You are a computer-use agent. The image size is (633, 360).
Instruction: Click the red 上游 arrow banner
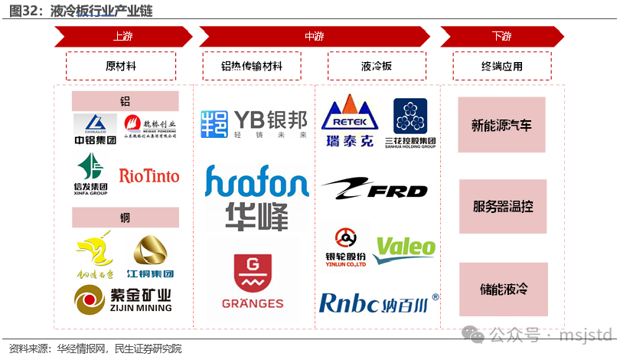122,36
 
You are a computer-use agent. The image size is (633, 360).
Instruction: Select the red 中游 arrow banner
314,36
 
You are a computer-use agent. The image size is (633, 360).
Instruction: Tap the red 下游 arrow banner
501,36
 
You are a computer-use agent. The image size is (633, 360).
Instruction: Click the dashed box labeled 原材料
121,66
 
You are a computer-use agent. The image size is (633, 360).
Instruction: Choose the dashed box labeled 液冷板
376,66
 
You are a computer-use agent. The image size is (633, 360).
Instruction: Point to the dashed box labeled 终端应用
501,66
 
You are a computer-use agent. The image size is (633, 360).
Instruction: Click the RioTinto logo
149,176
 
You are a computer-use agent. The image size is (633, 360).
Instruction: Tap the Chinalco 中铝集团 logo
96,128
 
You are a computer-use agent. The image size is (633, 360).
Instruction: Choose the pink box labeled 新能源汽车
502,125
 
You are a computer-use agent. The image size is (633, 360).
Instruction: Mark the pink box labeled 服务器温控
502,206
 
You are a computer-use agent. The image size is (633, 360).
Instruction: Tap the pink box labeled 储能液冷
502,289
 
